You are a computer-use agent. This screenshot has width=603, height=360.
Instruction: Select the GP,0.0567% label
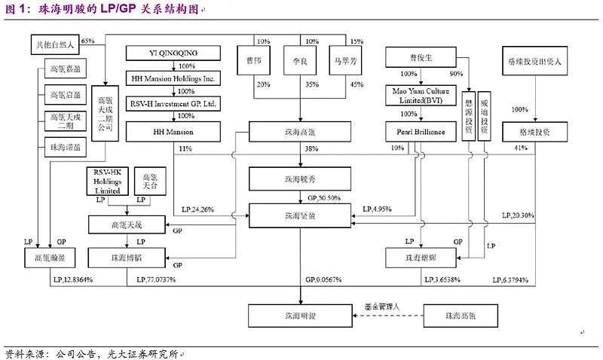pos(323,279)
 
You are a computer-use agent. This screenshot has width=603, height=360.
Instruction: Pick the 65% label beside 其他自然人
pos(87,39)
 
